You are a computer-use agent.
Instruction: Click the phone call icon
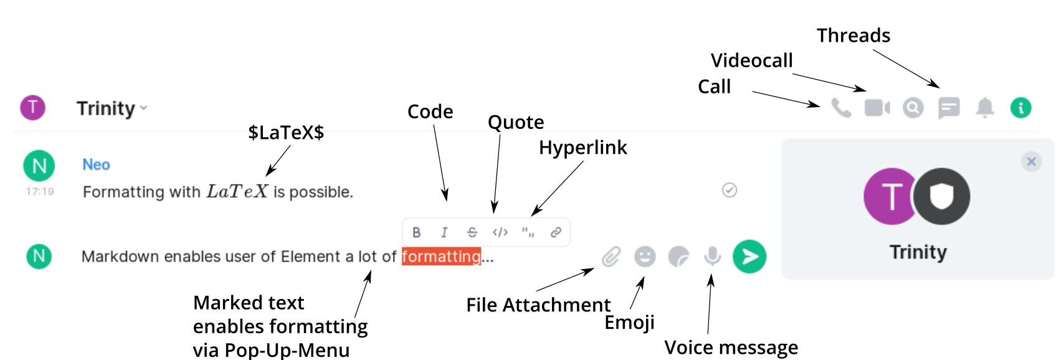pos(841,108)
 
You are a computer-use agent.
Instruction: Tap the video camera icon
pos(877,108)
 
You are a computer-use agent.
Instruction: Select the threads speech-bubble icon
pos(949,108)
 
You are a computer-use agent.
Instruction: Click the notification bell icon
pos(985,108)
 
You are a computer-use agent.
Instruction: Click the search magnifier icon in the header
pos(913,108)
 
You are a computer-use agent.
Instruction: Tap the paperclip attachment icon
pos(611,257)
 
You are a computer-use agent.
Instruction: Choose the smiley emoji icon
pos(645,257)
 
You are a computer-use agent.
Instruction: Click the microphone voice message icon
pos(713,256)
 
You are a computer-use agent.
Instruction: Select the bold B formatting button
pos(417,232)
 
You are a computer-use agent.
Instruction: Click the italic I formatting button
pos(444,232)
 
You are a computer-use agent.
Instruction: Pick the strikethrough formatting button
pos(472,232)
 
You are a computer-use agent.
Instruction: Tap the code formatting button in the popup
pos(500,232)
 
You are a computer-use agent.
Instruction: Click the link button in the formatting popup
pos(556,232)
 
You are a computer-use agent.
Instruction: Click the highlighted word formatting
pos(441,257)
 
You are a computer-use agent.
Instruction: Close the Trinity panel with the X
pos(1032,162)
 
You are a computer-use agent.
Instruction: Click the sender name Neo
pos(96,164)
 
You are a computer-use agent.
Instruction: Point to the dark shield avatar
pos(941,197)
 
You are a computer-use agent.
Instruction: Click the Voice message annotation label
pos(731,348)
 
